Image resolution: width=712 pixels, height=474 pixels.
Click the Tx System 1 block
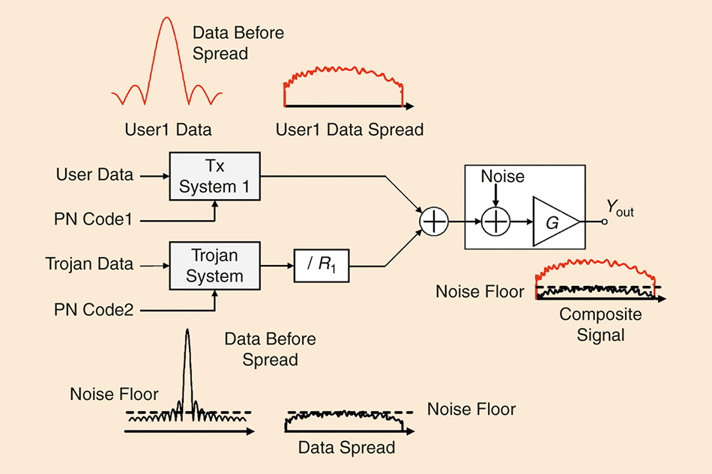click(214, 176)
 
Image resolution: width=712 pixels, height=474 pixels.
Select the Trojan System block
click(214, 266)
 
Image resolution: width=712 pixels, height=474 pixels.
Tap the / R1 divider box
click(322, 266)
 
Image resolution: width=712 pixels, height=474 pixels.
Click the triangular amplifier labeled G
click(554, 222)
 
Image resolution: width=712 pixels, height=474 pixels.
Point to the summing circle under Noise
click(495, 222)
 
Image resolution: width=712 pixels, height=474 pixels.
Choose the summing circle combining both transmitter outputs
click(432, 222)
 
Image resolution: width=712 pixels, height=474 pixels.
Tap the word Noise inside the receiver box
click(502, 177)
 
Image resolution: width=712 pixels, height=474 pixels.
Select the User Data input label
click(94, 175)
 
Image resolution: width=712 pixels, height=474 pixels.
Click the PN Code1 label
click(95, 221)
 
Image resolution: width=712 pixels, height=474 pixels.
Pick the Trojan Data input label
click(89, 264)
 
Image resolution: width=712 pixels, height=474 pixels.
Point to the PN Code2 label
click(95, 308)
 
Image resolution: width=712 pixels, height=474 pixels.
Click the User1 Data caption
click(168, 130)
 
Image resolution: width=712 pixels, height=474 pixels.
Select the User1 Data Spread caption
click(349, 130)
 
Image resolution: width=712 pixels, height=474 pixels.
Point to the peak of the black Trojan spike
click(187, 330)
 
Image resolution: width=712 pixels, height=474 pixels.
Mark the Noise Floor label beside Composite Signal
click(480, 291)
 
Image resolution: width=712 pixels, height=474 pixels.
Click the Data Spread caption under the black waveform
click(346, 448)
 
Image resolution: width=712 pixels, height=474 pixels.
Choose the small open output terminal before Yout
click(604, 222)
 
